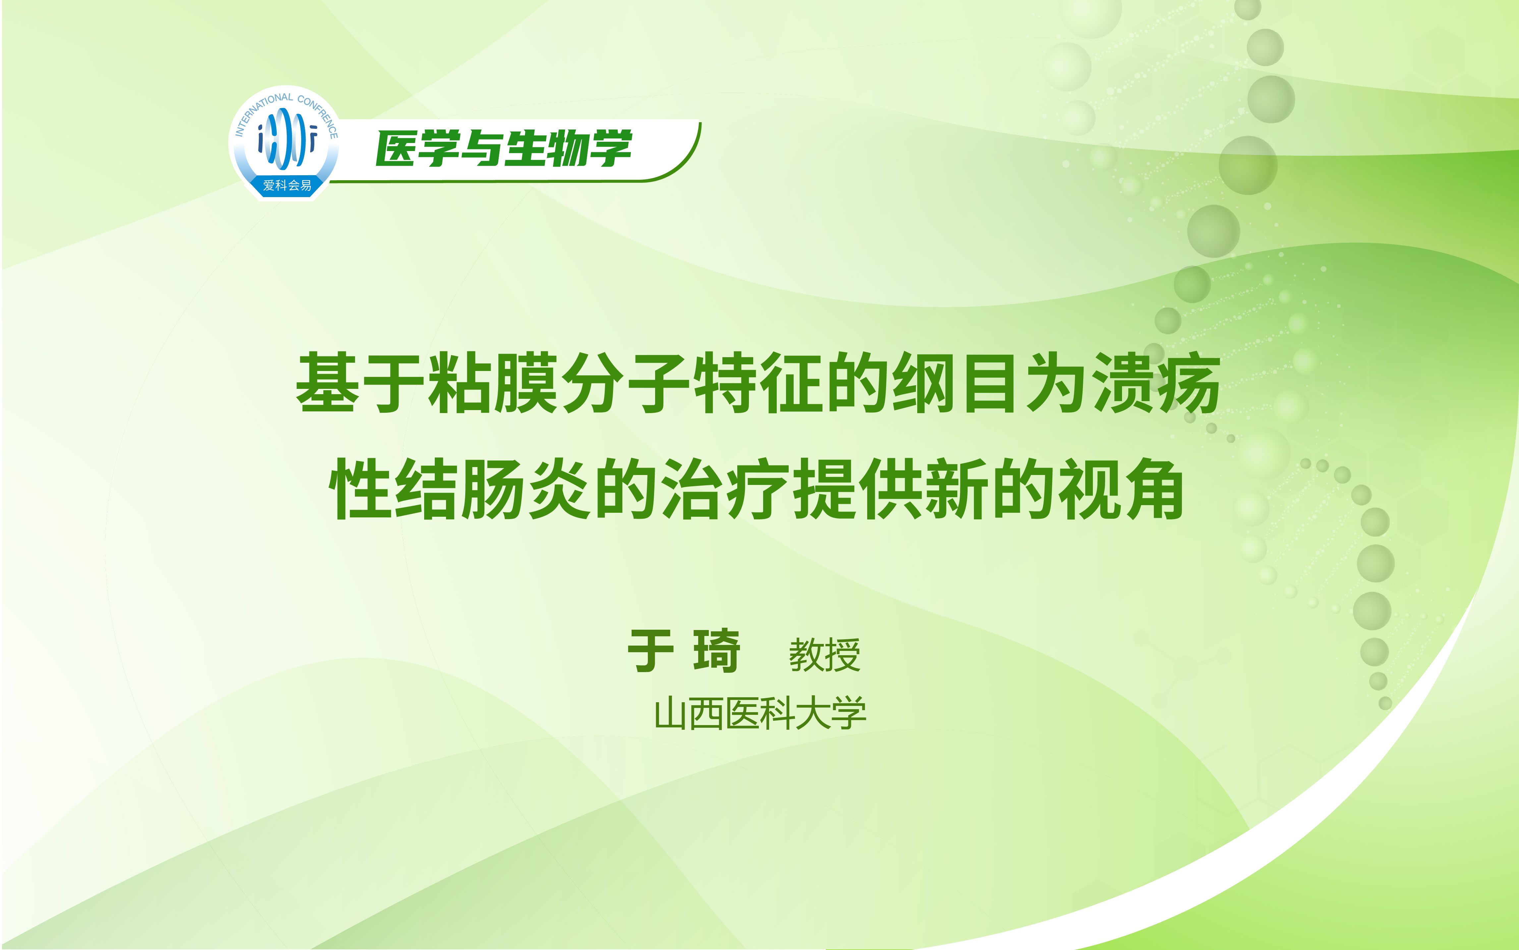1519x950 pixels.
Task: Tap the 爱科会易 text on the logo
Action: coord(287,185)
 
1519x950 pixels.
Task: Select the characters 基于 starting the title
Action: coord(361,383)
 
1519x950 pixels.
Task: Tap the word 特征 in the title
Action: coord(757,383)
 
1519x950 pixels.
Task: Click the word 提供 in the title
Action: coord(857,489)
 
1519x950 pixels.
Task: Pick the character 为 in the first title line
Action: coord(1056,383)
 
